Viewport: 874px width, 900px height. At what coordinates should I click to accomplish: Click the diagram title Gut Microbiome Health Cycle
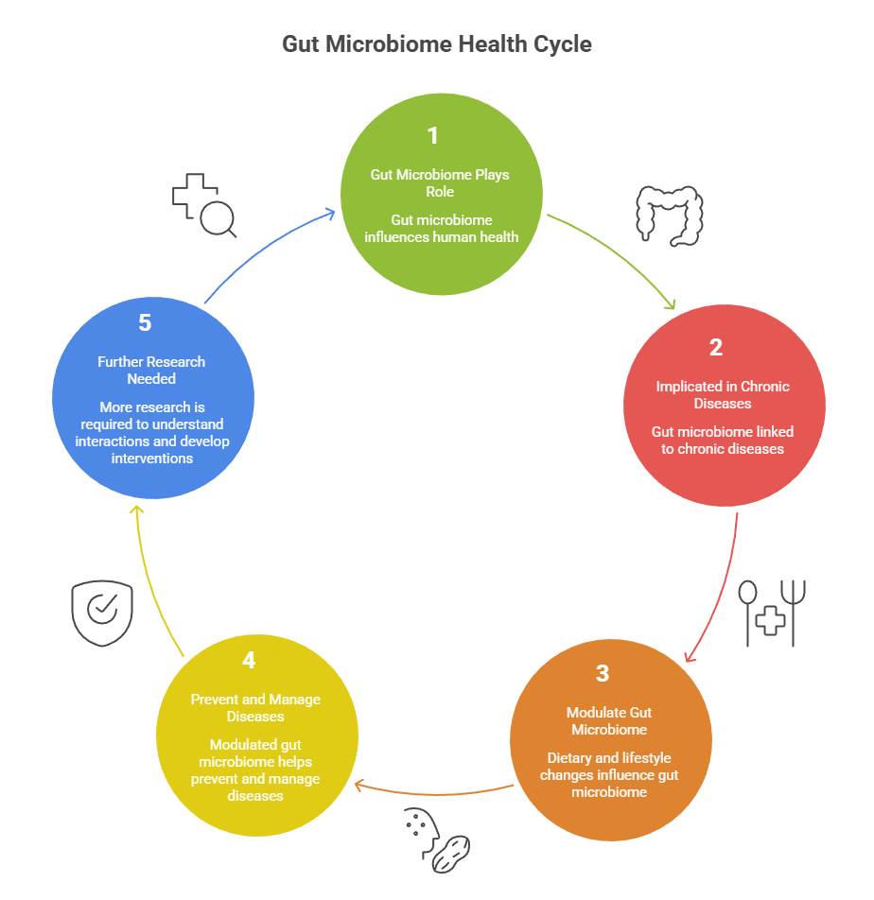coord(437,44)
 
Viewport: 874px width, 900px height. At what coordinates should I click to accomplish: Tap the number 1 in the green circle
coord(433,136)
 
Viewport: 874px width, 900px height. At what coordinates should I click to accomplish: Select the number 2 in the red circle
coord(716,347)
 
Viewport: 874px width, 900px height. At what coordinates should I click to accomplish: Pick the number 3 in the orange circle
coord(603,674)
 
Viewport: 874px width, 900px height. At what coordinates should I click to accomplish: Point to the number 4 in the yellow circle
coord(249,661)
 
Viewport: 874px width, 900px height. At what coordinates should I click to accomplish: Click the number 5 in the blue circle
coord(145,323)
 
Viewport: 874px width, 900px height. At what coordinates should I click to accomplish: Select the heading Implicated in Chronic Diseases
coord(723,394)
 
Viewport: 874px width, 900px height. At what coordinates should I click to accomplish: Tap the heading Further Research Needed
coord(151,370)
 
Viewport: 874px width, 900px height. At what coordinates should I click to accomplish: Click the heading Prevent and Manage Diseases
coord(255,708)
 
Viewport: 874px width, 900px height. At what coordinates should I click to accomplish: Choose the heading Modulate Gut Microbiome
coord(609,720)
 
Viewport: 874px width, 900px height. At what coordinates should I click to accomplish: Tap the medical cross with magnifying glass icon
coord(203,203)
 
